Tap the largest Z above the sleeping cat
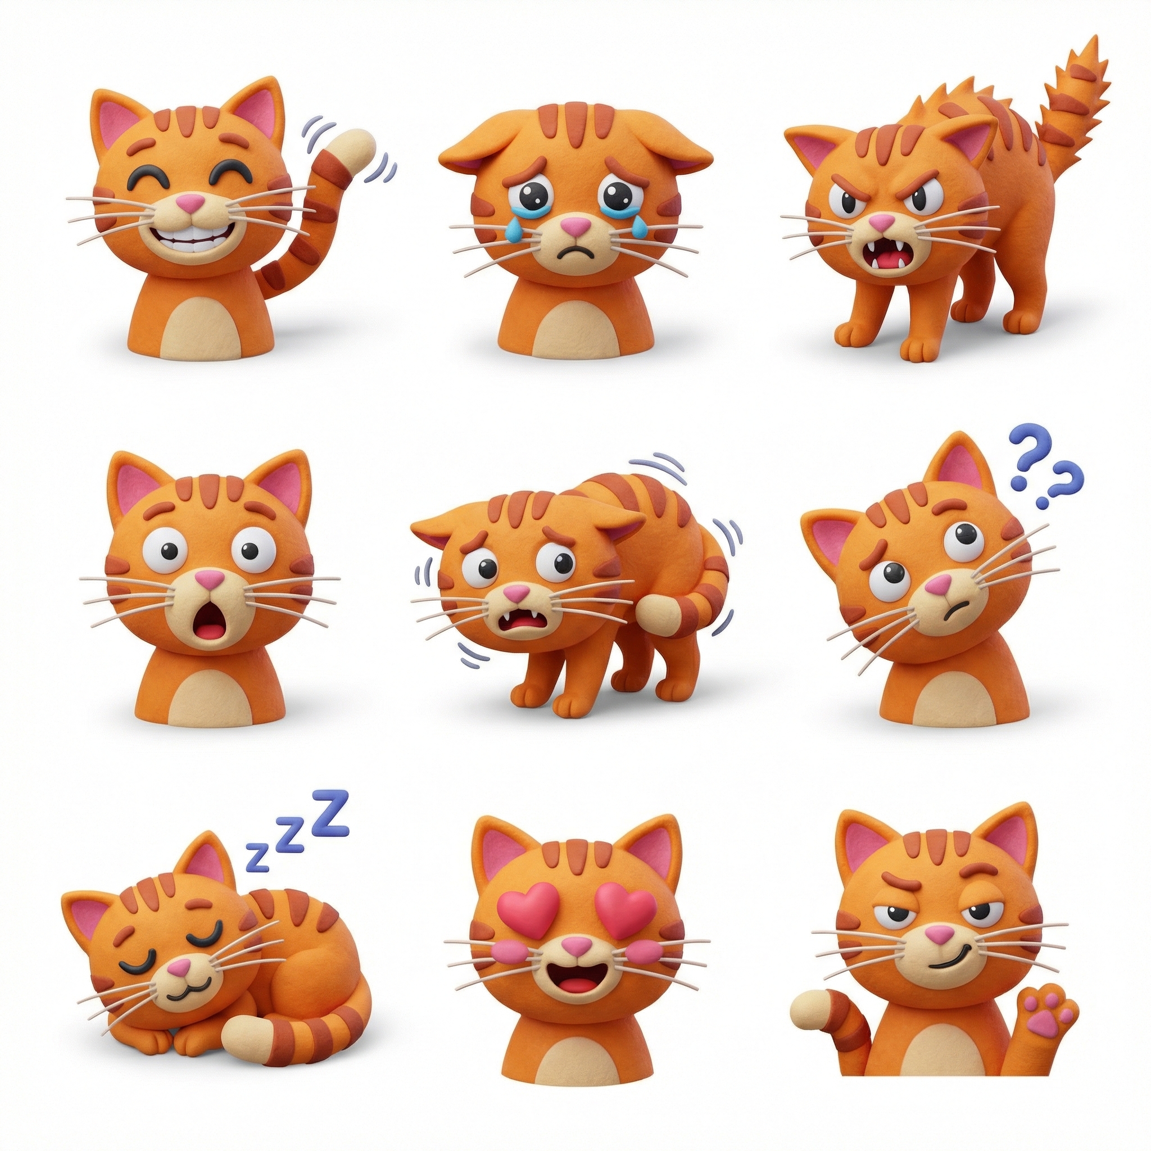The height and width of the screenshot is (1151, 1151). point(330,809)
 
